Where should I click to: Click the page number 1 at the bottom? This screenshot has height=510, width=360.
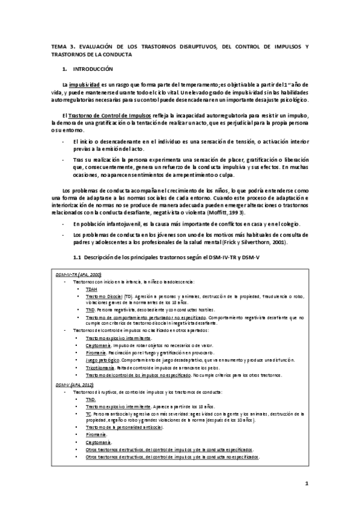(306, 483)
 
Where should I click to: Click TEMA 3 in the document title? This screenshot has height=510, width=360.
(63, 46)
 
